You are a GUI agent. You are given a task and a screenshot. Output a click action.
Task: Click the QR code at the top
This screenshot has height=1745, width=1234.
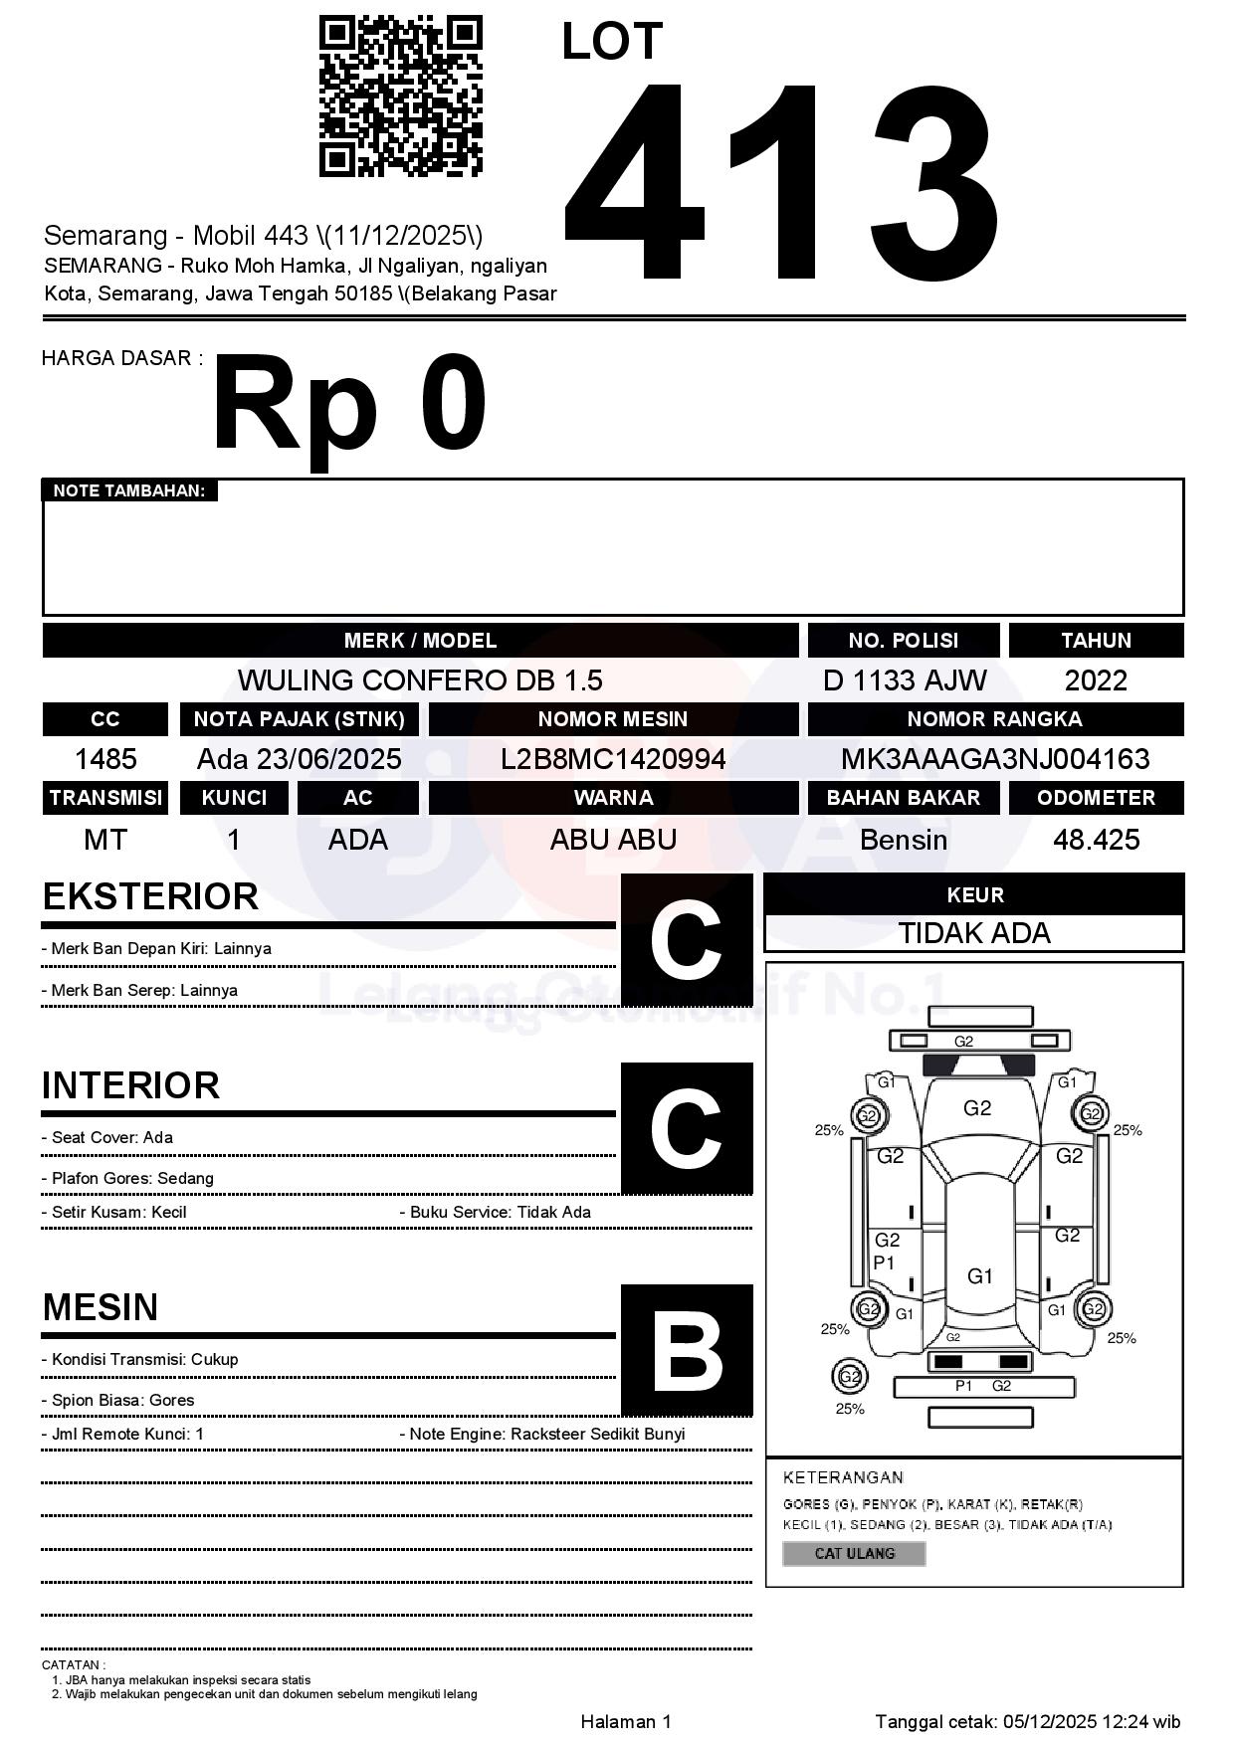[400, 97]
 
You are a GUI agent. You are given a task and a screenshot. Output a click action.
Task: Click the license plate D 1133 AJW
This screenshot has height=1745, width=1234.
[904, 680]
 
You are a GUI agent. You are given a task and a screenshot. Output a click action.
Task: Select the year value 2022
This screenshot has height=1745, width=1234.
[1096, 680]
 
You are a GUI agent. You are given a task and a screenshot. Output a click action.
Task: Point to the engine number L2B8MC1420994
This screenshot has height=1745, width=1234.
[613, 759]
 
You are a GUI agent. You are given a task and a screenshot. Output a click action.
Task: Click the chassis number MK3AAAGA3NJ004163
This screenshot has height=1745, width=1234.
[995, 759]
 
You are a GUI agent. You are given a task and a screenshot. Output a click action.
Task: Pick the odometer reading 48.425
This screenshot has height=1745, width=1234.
[1096, 840]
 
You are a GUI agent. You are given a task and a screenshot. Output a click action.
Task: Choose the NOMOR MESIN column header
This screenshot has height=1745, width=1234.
[613, 719]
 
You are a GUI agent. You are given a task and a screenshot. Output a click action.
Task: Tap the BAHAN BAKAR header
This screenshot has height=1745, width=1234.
[904, 798]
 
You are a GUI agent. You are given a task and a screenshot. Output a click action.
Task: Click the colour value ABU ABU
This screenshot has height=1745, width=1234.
[613, 840]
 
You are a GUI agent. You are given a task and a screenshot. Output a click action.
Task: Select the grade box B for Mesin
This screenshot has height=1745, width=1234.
[687, 1350]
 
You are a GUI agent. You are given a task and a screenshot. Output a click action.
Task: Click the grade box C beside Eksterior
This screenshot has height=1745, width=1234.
[687, 939]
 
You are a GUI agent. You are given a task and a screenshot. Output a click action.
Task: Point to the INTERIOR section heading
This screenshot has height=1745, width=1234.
[130, 1085]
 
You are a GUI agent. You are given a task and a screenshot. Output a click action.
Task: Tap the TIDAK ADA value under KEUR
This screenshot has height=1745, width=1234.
[974, 933]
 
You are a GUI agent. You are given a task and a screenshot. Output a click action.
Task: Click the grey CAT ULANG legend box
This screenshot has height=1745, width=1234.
[854, 1553]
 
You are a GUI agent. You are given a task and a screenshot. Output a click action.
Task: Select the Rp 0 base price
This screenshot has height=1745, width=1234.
[349, 406]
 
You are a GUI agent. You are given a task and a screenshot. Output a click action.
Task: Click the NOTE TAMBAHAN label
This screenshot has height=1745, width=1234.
[129, 490]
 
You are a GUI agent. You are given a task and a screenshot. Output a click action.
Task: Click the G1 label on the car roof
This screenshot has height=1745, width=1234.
[980, 1276]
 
